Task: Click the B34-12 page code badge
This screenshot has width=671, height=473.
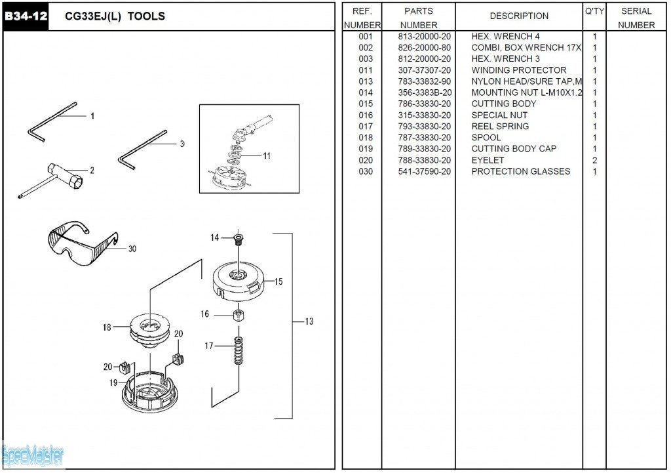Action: (26, 16)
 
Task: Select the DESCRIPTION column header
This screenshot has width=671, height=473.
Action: (519, 16)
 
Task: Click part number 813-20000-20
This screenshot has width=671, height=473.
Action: (424, 37)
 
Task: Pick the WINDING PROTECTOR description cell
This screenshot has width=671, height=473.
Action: (518, 70)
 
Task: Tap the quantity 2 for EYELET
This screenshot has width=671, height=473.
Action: (594, 160)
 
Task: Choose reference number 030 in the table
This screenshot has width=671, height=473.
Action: (366, 171)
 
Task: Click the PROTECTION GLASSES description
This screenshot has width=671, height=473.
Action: (520, 171)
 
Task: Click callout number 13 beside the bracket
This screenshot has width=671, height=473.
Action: (309, 321)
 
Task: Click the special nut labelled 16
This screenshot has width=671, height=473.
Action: (239, 315)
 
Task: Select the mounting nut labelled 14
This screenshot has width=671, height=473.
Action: (239, 239)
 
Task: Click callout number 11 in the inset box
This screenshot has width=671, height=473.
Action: (267, 155)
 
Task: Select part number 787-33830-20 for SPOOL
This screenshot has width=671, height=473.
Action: (424, 138)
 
